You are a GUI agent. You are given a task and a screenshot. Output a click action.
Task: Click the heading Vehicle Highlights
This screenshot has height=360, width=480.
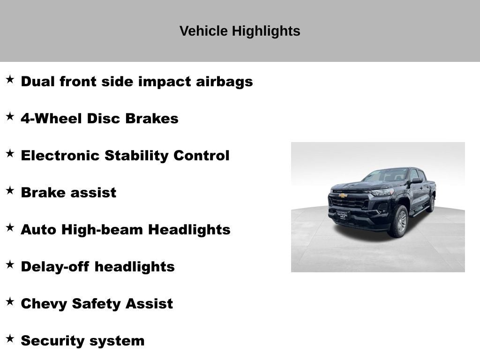240,31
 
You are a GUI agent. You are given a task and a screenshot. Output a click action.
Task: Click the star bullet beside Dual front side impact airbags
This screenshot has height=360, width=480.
10,80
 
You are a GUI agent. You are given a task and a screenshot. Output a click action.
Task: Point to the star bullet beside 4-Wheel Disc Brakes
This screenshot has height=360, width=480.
10,117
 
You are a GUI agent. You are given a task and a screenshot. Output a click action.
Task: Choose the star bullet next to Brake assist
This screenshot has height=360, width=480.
10,191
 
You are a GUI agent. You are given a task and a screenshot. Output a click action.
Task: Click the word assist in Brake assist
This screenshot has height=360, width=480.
98,193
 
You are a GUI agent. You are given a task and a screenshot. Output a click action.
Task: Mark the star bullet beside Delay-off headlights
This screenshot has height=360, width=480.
10,265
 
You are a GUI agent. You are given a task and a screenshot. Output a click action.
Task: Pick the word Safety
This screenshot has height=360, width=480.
96,304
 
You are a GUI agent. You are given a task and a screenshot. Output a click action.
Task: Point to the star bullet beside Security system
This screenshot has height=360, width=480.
10,339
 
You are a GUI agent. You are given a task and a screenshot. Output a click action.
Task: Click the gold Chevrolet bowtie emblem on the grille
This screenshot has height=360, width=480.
344,195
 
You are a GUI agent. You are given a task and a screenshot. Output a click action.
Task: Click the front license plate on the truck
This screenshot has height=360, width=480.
342,215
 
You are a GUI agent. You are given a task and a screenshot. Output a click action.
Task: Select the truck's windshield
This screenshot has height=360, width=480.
388,176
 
